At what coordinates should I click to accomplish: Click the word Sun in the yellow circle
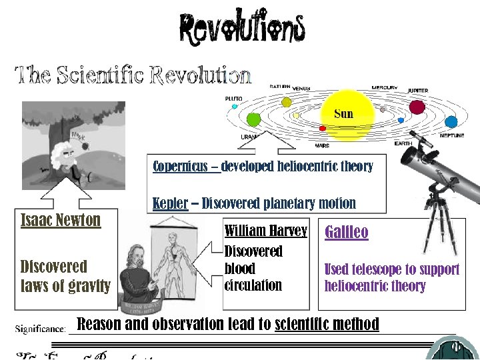coord(343,113)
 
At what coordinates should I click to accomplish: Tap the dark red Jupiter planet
coord(417,107)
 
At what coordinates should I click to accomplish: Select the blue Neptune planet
coord(451,122)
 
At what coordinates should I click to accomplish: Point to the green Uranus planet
coord(253,119)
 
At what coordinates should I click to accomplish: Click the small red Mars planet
coord(323,130)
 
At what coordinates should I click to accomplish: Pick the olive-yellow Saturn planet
coord(286,102)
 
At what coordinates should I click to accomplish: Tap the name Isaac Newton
coord(61,220)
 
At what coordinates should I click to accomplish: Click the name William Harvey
coord(266,231)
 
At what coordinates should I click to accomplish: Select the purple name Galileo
coord(347,232)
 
